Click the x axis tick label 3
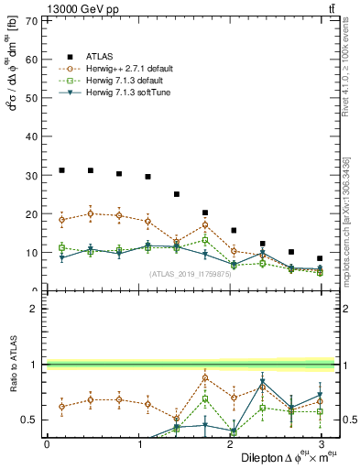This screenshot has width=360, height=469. [320, 444]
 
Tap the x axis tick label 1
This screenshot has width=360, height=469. [138, 444]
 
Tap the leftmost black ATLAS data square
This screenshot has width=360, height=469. [61, 169]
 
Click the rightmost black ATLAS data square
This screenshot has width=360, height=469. [320, 258]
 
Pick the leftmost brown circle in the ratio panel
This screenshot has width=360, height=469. [61, 406]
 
